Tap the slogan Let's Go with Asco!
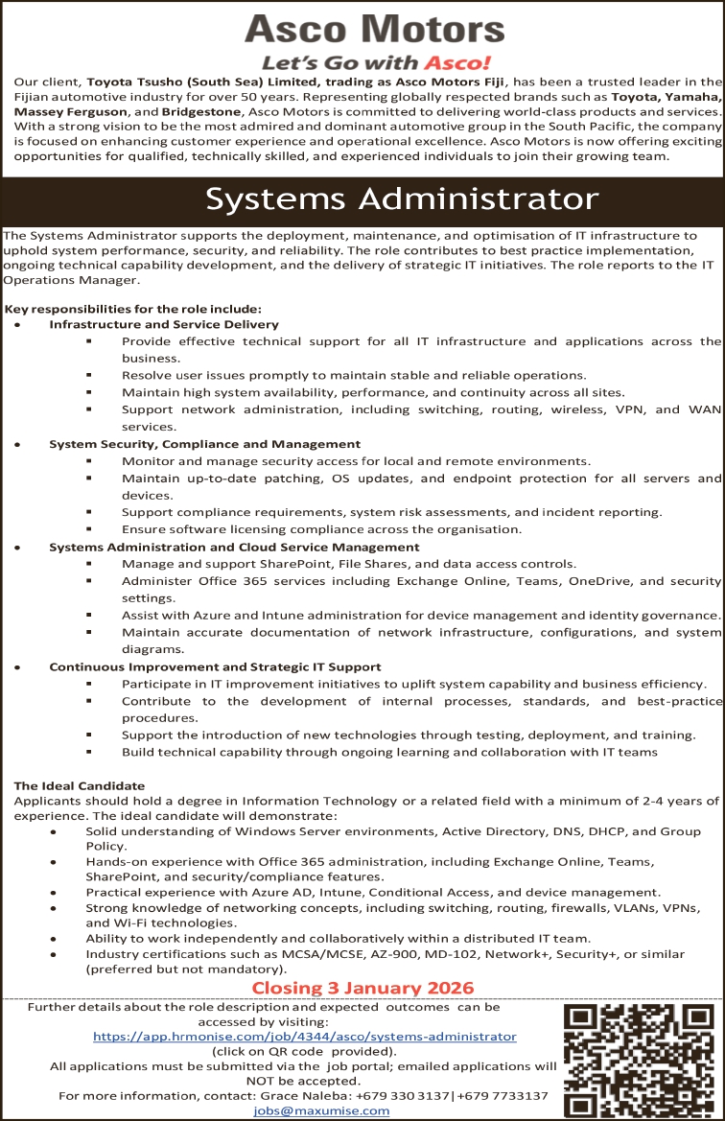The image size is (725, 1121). point(377,63)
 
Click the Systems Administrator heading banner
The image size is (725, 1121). point(402,199)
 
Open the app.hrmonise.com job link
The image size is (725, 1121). point(304,1037)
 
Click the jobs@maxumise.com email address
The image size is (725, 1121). point(321,1110)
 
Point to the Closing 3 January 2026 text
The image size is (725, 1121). point(362,988)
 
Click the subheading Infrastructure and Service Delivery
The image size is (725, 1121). point(164,325)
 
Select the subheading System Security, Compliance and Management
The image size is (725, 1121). point(204,444)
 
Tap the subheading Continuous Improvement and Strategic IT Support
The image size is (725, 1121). point(215,666)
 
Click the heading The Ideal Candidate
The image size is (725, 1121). point(80,785)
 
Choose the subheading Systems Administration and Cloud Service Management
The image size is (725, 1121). point(236,547)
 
